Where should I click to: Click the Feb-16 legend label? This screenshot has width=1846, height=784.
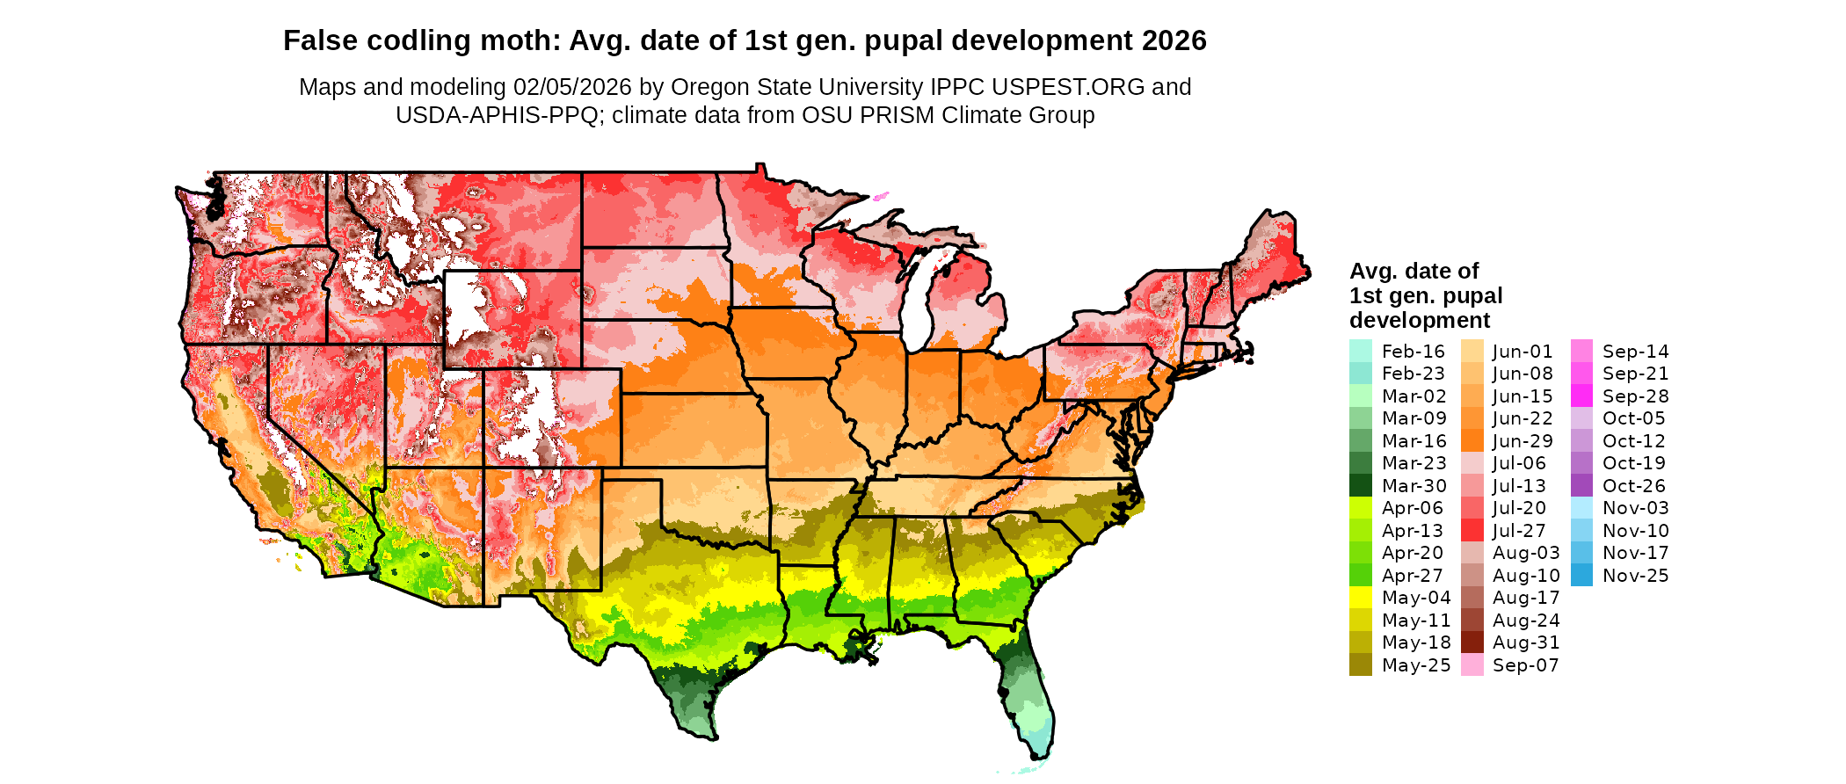point(1413,352)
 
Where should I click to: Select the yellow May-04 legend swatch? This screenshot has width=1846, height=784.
point(1360,598)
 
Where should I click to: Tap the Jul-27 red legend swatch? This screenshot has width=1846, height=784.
point(1472,531)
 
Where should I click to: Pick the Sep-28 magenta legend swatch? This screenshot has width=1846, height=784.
point(1581,396)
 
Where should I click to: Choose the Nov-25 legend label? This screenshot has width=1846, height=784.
point(1635,576)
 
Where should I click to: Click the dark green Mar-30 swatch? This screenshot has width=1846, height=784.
point(1360,486)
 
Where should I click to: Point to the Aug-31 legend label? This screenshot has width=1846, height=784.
point(1526,642)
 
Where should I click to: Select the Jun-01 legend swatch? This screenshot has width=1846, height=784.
point(1472,352)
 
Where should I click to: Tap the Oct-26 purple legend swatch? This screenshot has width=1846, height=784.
point(1581,486)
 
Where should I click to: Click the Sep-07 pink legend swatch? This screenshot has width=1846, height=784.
point(1472,665)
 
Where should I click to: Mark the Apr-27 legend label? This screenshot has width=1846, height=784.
point(1413,576)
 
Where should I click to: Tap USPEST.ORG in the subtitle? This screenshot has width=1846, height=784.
point(1068,87)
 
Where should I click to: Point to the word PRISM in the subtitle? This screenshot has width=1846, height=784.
point(893,115)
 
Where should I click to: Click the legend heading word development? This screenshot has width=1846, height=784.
point(1420,320)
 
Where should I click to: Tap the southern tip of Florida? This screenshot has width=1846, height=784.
point(1040,754)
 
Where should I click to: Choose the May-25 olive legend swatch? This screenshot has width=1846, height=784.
point(1360,665)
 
